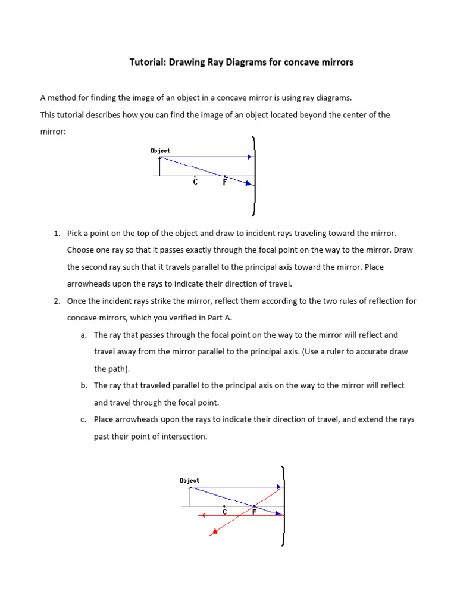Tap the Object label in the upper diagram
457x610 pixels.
pyautogui.click(x=160, y=151)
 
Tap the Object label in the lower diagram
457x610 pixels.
pyautogui.click(x=189, y=480)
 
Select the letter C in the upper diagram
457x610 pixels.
pyautogui.click(x=195, y=182)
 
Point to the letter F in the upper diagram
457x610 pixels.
pyautogui.click(x=224, y=182)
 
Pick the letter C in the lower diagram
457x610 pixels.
pyautogui.click(x=224, y=512)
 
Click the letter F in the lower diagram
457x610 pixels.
pyautogui.click(x=254, y=512)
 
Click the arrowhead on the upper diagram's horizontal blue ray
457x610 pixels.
pyautogui.click(x=249, y=157)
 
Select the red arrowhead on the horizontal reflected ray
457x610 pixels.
pyautogui.click(x=204, y=515)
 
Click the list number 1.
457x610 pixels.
pyautogui.click(x=57, y=234)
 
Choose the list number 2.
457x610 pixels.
pyautogui.click(x=57, y=301)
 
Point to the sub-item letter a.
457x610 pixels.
pyautogui.click(x=83, y=335)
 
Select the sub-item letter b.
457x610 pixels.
pyautogui.click(x=83, y=386)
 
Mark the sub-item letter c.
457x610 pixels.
pyautogui.click(x=83, y=420)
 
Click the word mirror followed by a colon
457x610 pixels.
pyautogui.click(x=54, y=132)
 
